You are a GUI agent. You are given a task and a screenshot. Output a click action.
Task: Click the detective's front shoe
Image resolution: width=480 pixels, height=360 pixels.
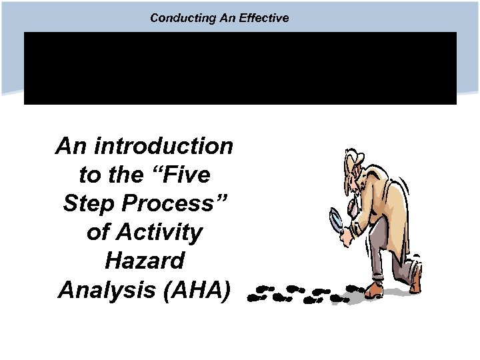point(374,290)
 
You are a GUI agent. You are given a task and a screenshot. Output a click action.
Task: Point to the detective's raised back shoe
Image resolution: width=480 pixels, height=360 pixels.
point(415,280)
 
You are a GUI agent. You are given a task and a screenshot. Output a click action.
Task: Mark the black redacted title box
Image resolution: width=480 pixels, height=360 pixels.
point(240,67)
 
